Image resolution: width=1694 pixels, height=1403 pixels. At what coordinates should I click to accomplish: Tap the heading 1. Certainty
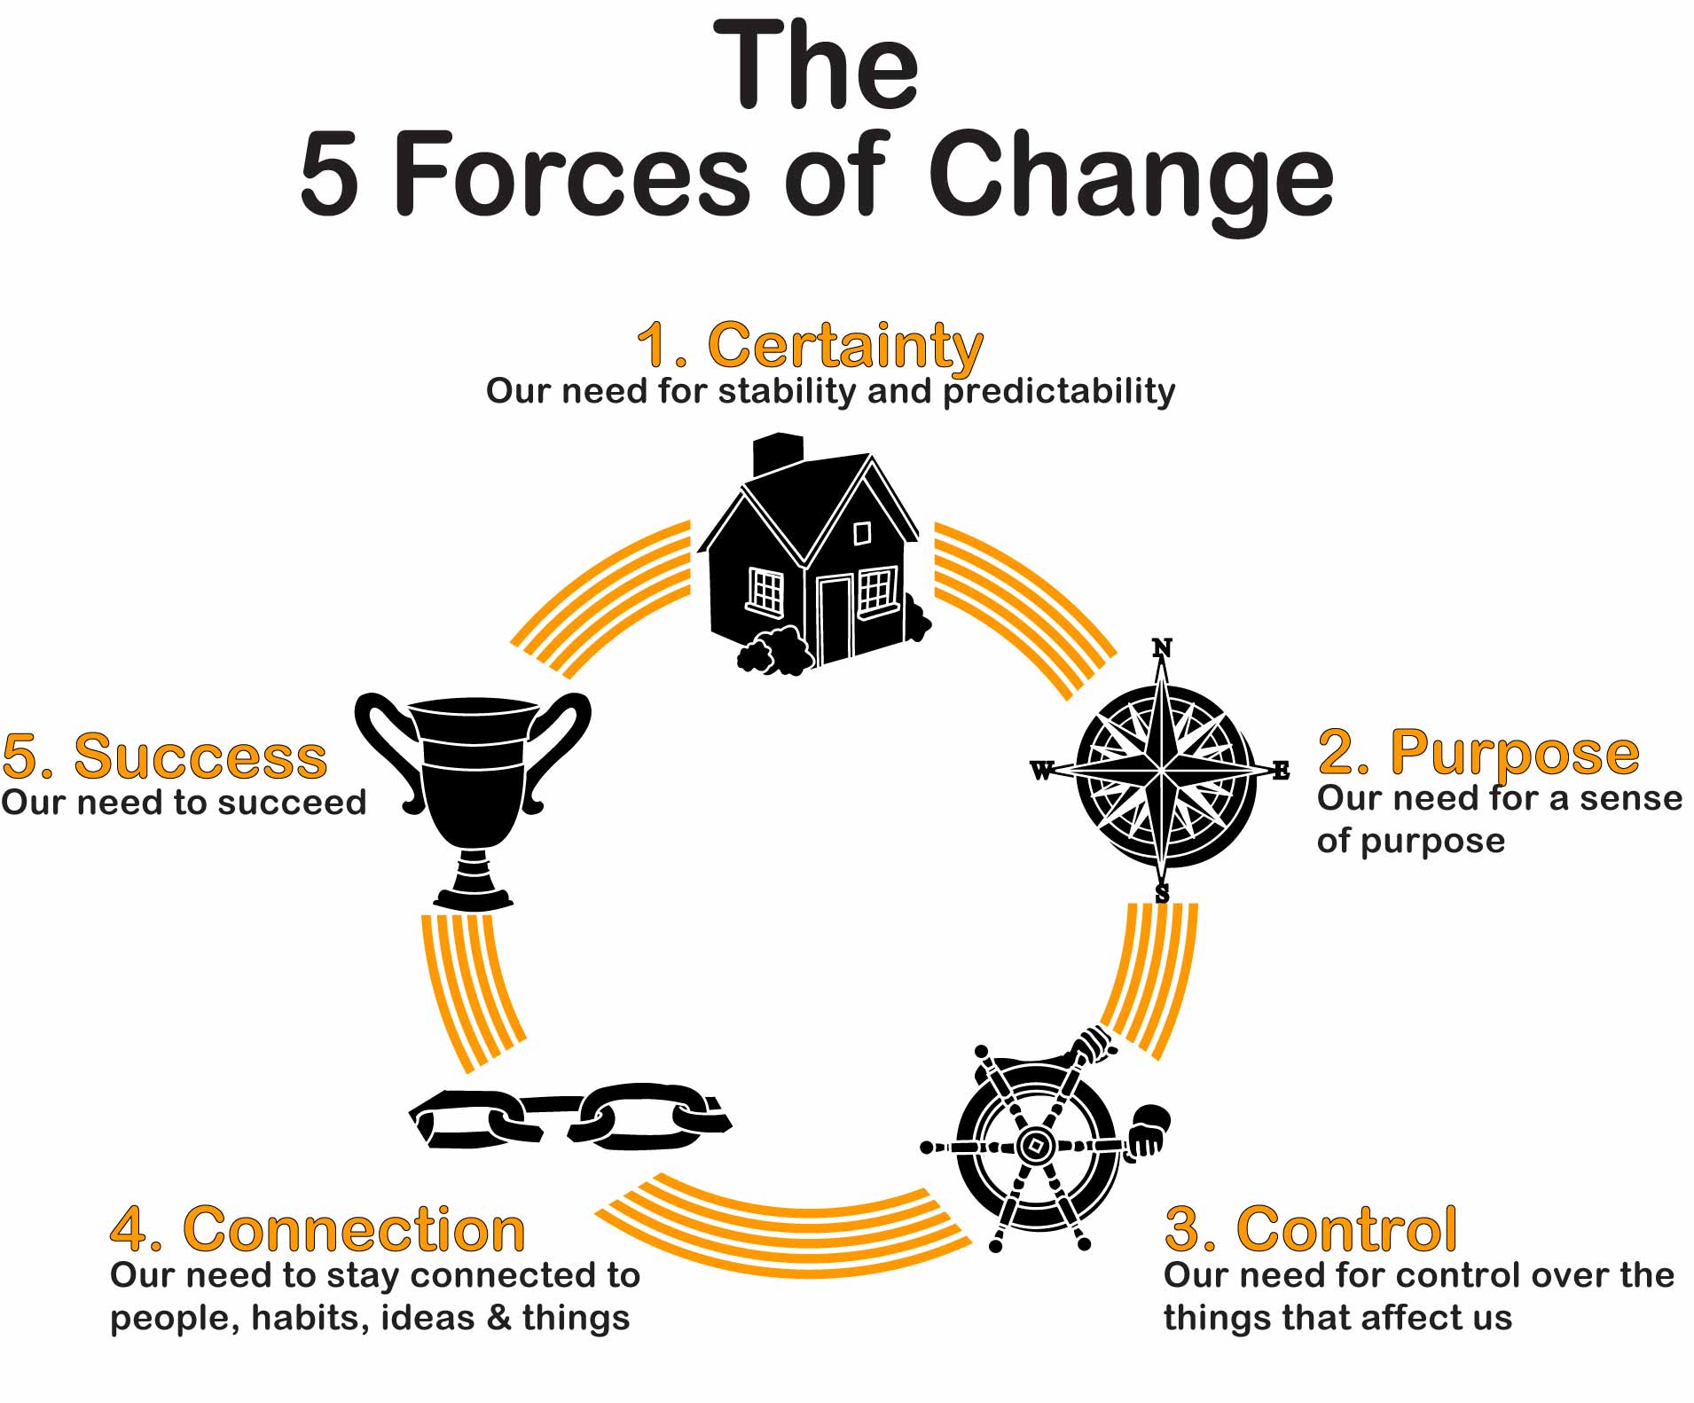click(810, 346)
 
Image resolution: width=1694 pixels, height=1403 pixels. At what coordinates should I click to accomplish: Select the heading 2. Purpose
click(1478, 754)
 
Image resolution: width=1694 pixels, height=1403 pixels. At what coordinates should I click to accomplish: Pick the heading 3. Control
click(1311, 1229)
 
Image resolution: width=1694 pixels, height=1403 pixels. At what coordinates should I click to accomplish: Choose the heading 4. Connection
click(318, 1229)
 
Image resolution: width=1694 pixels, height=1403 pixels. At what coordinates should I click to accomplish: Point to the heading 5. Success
click(165, 756)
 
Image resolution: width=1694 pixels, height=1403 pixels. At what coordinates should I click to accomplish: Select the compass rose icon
click(1161, 769)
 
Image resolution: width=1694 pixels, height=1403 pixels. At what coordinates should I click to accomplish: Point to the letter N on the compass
click(1162, 648)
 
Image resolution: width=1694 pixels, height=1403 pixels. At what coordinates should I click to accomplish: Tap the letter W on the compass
click(1042, 771)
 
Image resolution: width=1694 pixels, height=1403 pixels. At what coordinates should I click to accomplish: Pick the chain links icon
click(570, 1117)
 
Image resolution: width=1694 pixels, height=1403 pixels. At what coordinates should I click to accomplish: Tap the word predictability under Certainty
click(1059, 392)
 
